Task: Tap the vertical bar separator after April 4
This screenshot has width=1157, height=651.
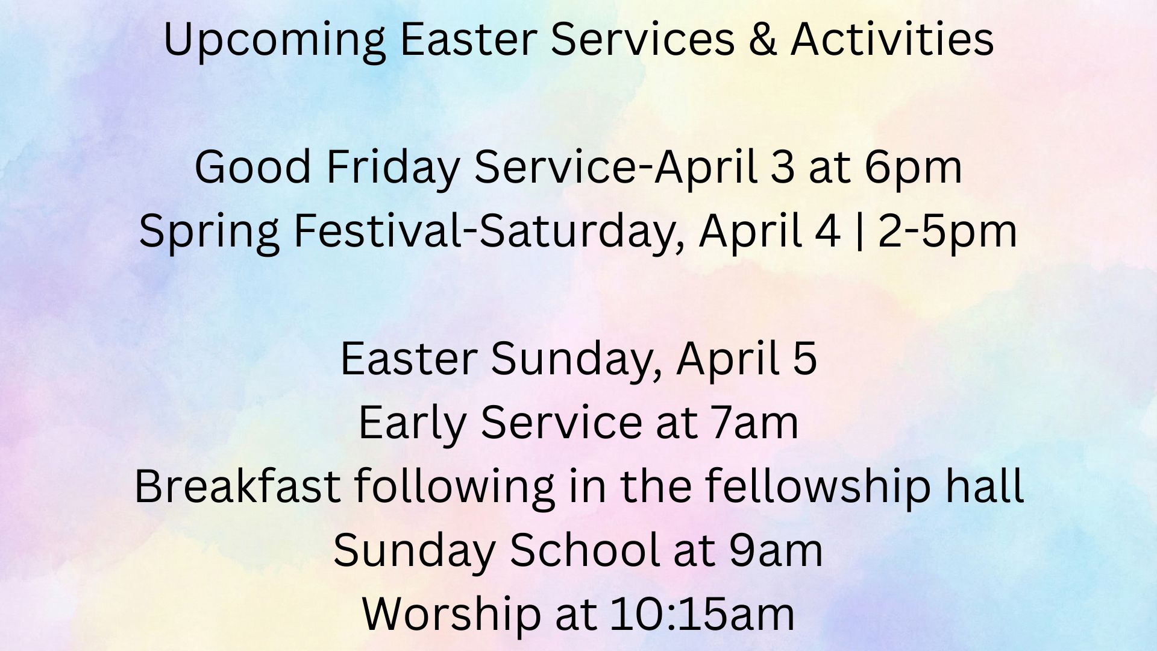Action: coord(859,231)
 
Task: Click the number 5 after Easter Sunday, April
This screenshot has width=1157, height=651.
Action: coord(806,359)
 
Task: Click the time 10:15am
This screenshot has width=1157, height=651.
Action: coord(703,614)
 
